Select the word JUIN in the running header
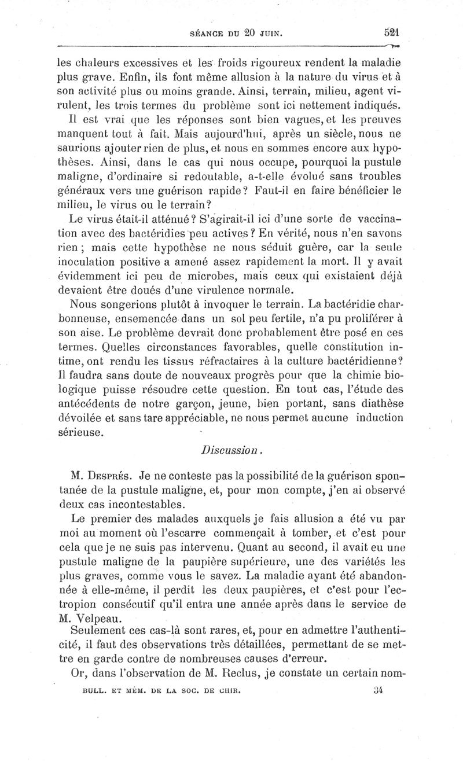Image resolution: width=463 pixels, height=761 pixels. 271,34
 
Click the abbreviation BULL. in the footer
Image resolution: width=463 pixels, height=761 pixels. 95,690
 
